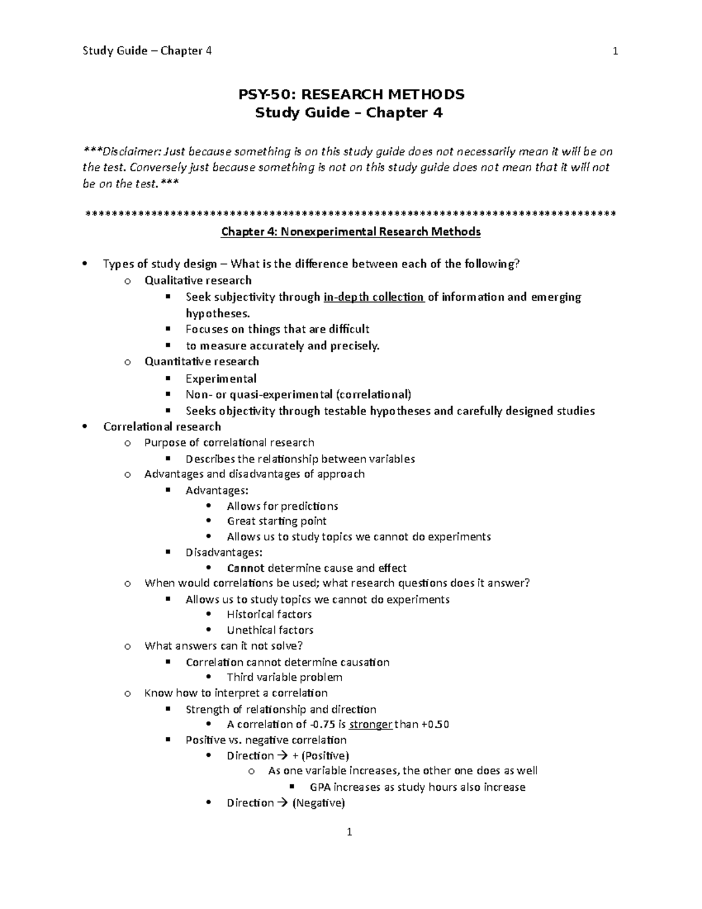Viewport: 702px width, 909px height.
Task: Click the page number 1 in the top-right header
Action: (615, 51)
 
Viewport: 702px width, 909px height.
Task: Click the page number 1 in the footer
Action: (349, 832)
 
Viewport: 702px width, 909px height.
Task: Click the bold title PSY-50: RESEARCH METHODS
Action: (350, 94)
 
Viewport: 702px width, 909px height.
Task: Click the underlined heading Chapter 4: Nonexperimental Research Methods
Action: (350, 232)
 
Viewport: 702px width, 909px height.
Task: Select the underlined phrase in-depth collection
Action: (373, 297)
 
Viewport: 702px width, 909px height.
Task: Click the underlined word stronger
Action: (370, 725)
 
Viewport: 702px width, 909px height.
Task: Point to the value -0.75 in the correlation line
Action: (323, 725)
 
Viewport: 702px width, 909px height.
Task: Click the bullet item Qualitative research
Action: (198, 280)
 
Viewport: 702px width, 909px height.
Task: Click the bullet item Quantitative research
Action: (201, 362)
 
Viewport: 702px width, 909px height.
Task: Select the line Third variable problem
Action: (284, 677)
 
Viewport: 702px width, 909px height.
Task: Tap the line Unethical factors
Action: (270, 630)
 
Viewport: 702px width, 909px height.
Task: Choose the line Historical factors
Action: (269, 615)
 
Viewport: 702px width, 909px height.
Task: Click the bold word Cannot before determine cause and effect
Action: (245, 568)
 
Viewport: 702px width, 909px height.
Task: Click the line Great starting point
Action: (276, 521)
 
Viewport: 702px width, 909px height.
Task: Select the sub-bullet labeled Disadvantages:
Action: (223, 553)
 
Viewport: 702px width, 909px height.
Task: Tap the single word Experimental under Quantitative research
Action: (221, 379)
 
